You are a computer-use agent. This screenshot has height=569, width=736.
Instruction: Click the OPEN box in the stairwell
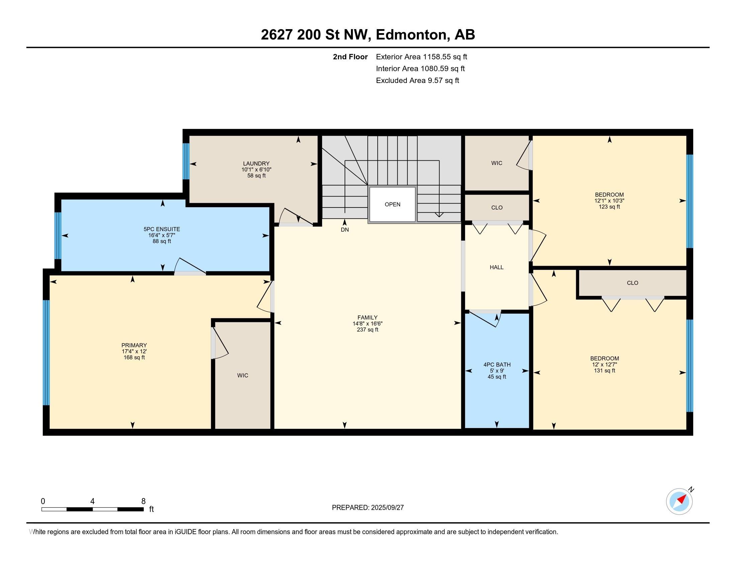tap(392, 204)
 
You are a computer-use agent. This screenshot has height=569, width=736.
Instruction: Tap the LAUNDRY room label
tap(257, 163)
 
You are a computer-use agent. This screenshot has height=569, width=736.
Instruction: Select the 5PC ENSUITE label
tap(162, 229)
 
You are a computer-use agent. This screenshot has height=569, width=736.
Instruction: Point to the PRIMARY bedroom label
tap(134, 345)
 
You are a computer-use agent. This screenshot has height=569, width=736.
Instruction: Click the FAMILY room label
tap(367, 318)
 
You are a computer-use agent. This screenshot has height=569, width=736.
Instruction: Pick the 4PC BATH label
tap(497, 365)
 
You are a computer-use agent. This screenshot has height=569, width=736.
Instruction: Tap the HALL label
tap(496, 267)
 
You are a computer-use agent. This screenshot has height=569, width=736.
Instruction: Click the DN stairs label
tap(345, 230)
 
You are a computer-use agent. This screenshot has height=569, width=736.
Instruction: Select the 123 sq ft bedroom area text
tap(609, 207)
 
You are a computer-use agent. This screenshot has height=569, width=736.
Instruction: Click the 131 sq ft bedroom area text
tap(605, 371)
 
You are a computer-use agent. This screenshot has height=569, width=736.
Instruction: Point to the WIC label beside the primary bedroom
tap(243, 376)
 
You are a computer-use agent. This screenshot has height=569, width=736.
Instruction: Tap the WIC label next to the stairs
tap(497, 163)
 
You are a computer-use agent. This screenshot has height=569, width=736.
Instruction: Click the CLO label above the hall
tap(497, 208)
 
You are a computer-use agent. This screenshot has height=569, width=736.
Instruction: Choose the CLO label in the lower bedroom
tap(633, 283)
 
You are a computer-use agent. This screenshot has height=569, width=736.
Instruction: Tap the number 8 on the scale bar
tap(144, 501)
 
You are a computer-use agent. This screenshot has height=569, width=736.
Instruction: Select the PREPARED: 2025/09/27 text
tap(368, 508)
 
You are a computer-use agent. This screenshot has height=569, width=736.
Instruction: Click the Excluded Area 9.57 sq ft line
tap(418, 81)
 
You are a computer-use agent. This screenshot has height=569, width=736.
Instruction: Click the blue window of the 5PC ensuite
tap(58, 236)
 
